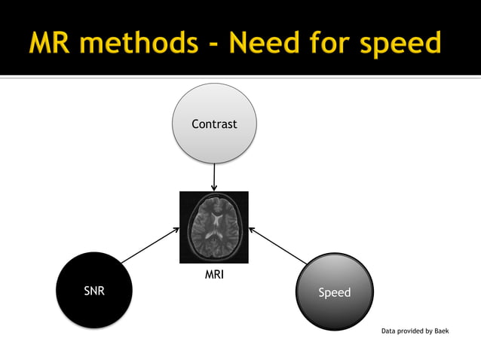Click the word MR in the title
(51, 43)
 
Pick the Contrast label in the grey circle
(214, 124)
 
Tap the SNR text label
(94, 291)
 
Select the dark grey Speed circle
(334, 291)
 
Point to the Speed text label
(334, 292)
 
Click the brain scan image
(214, 227)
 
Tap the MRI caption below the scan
(214, 275)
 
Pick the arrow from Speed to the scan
(278, 246)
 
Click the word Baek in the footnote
(441, 331)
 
